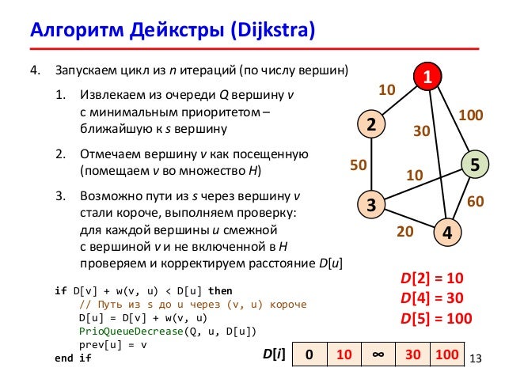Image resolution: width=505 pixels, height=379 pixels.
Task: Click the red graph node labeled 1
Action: coord(427,77)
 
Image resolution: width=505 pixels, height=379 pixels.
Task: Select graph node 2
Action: coord(370,124)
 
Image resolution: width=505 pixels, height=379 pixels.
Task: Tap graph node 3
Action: coord(370,205)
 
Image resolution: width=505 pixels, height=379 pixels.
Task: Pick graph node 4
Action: coord(447,233)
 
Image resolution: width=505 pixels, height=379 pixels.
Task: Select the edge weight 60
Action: coord(476,202)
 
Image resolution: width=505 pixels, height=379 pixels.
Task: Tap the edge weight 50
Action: coord(359,165)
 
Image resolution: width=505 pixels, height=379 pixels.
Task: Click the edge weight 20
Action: coord(404,232)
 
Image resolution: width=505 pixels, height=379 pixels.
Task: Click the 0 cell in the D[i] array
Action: coord(309,354)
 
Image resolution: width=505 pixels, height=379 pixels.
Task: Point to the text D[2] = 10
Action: coord(431,279)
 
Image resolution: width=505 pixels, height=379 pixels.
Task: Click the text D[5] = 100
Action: coord(435,319)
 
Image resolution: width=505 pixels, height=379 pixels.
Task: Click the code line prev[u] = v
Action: coord(111,345)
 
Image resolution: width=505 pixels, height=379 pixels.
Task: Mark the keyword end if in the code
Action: coord(73,358)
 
